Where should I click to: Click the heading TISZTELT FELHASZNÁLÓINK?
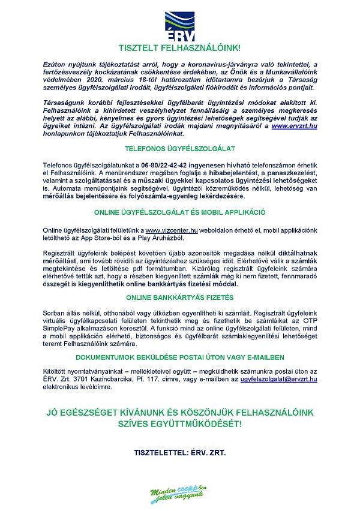pos(179,46)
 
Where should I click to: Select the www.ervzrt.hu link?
pos(294,127)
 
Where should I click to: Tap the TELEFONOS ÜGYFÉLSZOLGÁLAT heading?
pos(179,148)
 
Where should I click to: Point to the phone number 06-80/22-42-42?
pos(167,164)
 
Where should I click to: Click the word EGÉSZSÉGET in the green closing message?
pos(102,413)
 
